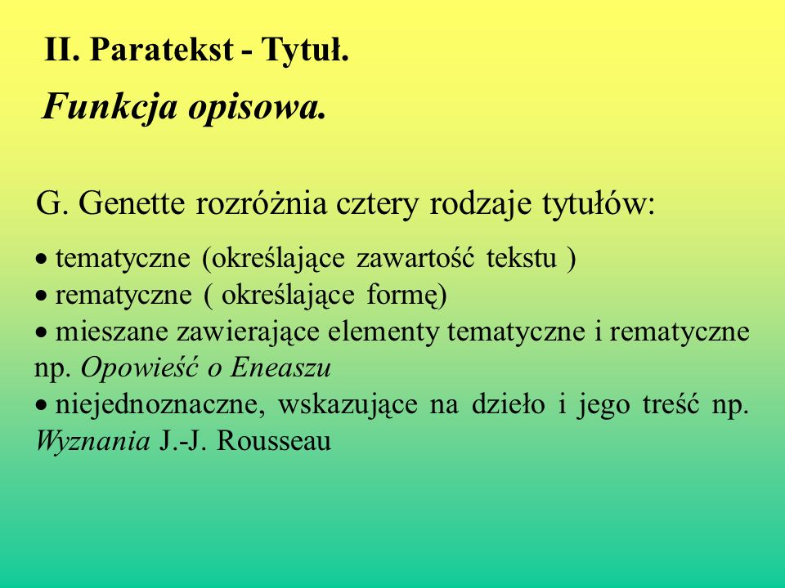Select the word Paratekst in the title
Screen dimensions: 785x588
coord(161,50)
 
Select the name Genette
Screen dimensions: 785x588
coord(131,203)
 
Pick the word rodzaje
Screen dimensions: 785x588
coord(480,204)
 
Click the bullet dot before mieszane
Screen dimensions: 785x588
coord(41,332)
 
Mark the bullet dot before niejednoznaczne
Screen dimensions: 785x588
coord(41,405)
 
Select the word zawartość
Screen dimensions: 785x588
coord(415,258)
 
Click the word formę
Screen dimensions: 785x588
coord(406,295)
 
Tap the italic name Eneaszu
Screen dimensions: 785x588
coord(280,368)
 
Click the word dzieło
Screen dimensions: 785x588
coord(508,404)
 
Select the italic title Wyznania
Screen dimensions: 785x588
coord(93,442)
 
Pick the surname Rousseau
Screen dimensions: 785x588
coord(274,442)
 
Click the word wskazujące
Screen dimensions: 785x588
coord(348,406)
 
